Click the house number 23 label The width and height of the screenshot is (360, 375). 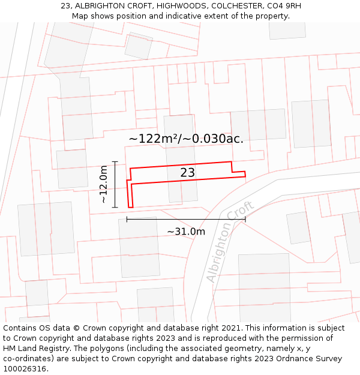[188, 173]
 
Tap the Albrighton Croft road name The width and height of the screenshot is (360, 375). [230, 241]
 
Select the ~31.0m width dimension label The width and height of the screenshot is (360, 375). [186, 232]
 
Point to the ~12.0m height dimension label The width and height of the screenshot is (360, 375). [103, 184]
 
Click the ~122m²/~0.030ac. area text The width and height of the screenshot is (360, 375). [186, 139]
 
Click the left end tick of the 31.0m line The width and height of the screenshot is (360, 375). [127, 219]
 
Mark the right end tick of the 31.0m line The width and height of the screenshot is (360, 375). [245, 219]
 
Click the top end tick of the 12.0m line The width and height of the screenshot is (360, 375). [115, 162]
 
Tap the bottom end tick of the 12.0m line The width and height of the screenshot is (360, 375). [115, 207]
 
